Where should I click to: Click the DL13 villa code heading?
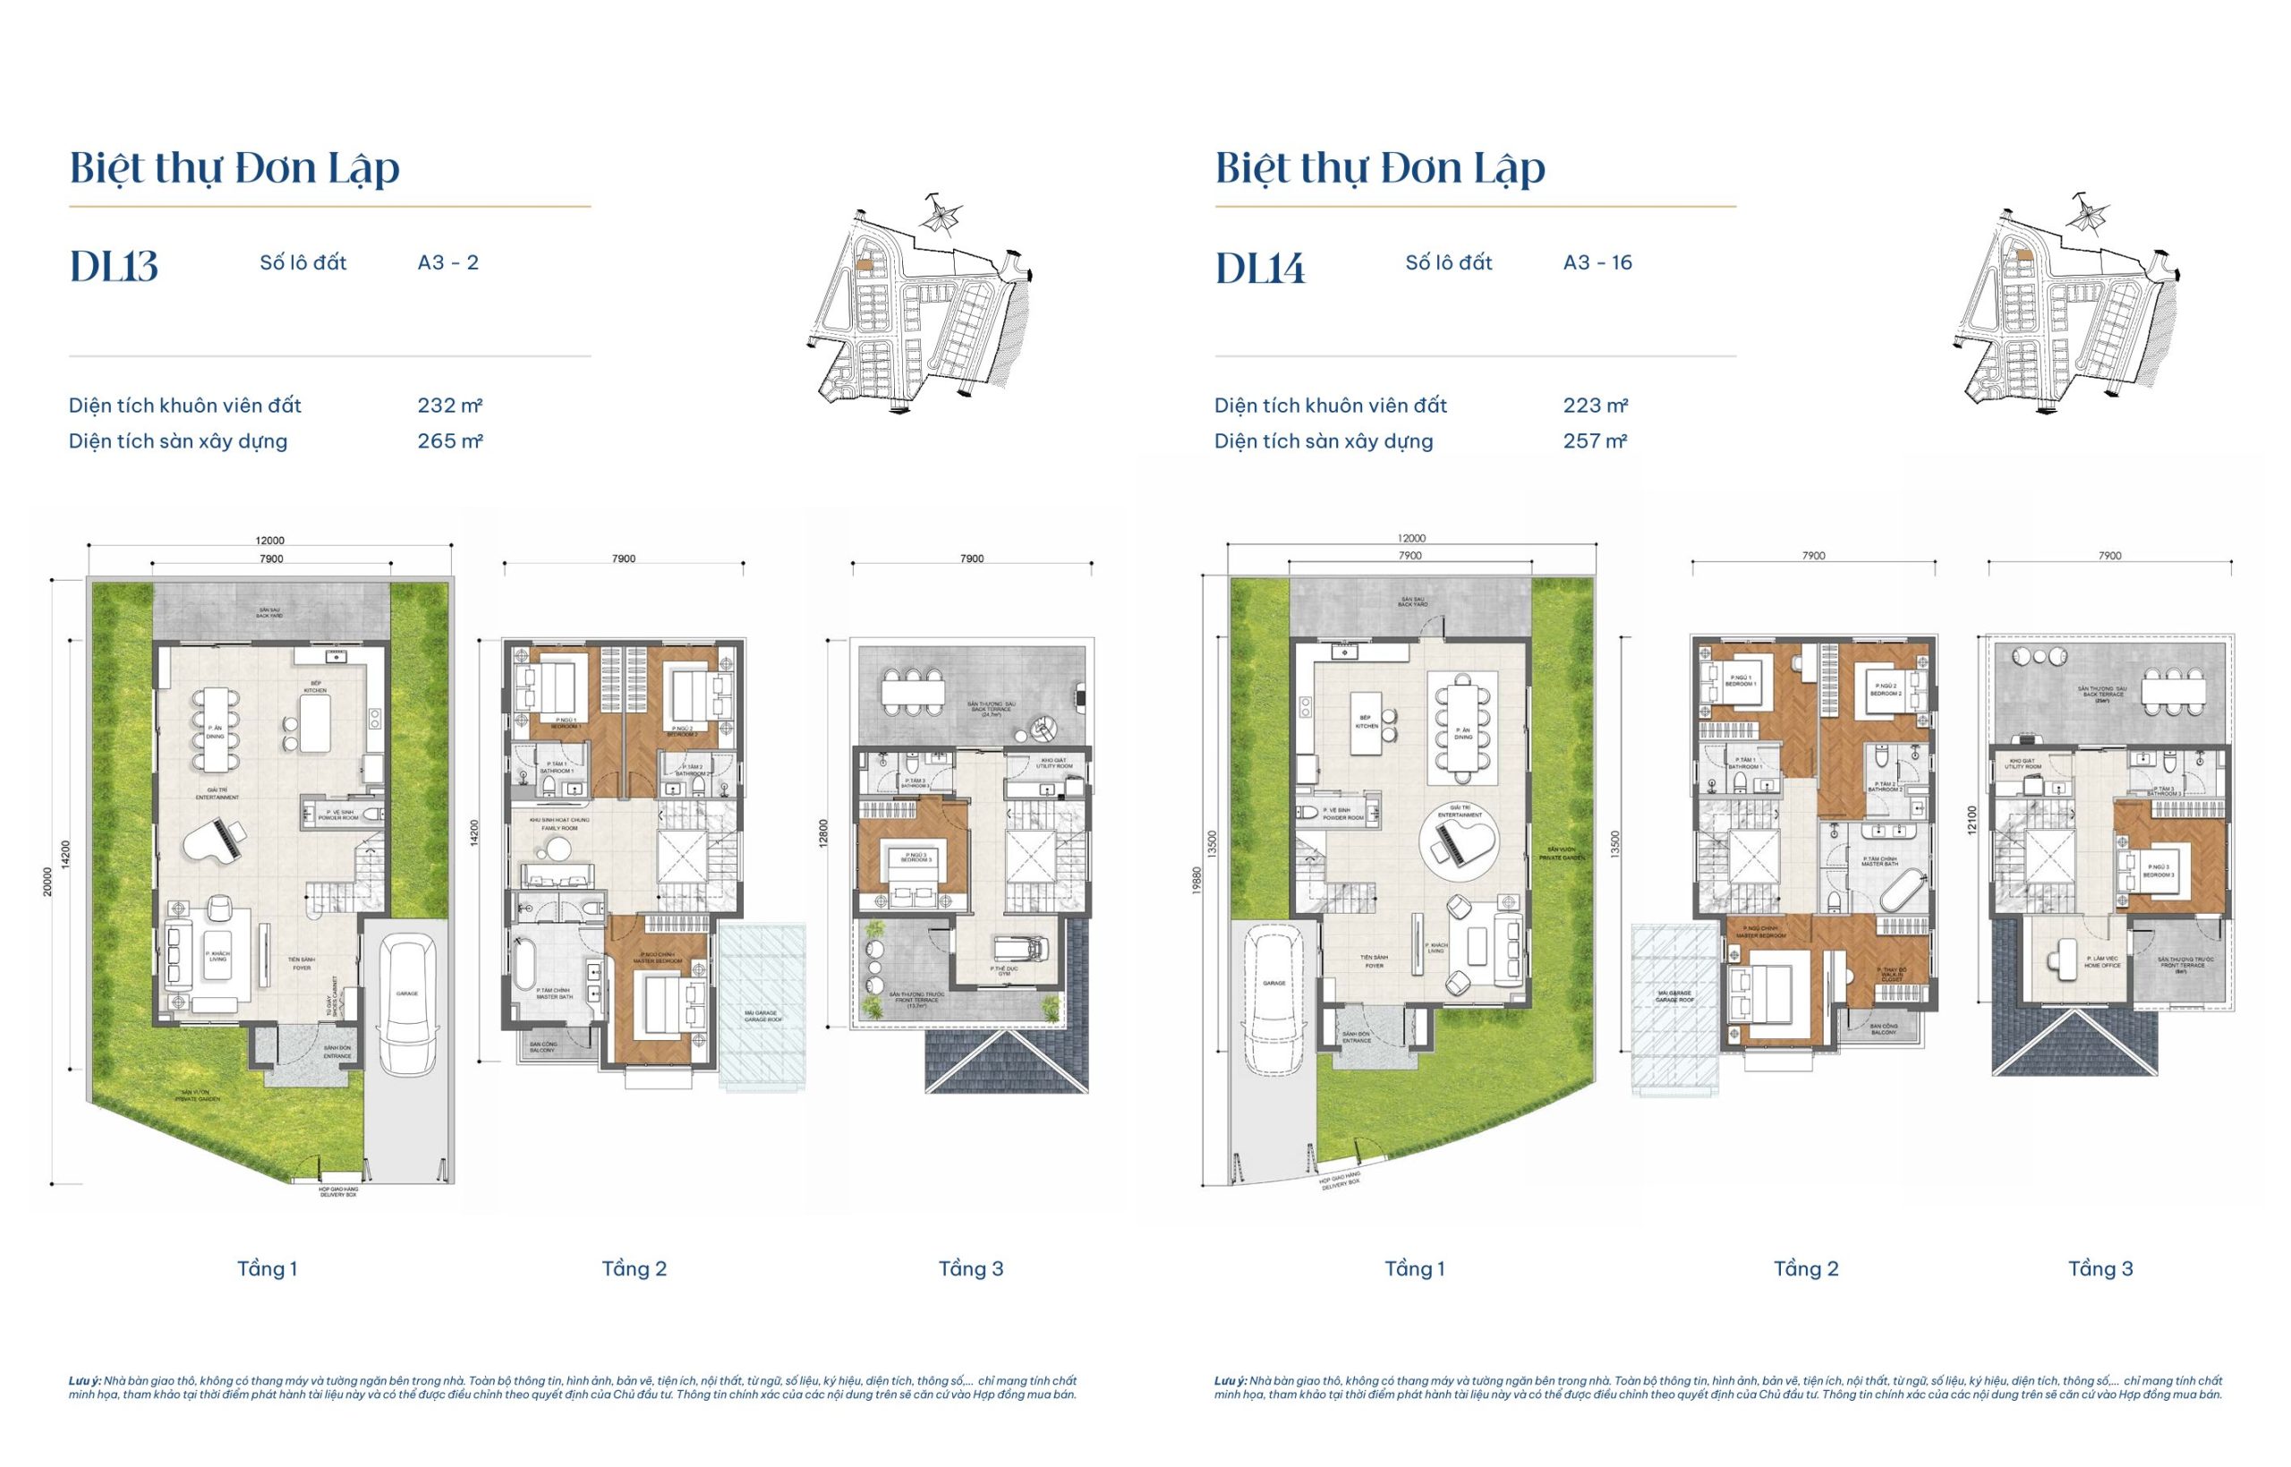114,267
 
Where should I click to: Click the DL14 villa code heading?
1259,269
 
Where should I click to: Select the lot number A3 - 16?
1597,263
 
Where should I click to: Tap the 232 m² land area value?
449,405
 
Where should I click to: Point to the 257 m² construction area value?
1594,441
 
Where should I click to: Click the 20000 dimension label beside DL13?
47,881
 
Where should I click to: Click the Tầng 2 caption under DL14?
1805,1269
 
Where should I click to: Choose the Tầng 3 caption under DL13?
970,1269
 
